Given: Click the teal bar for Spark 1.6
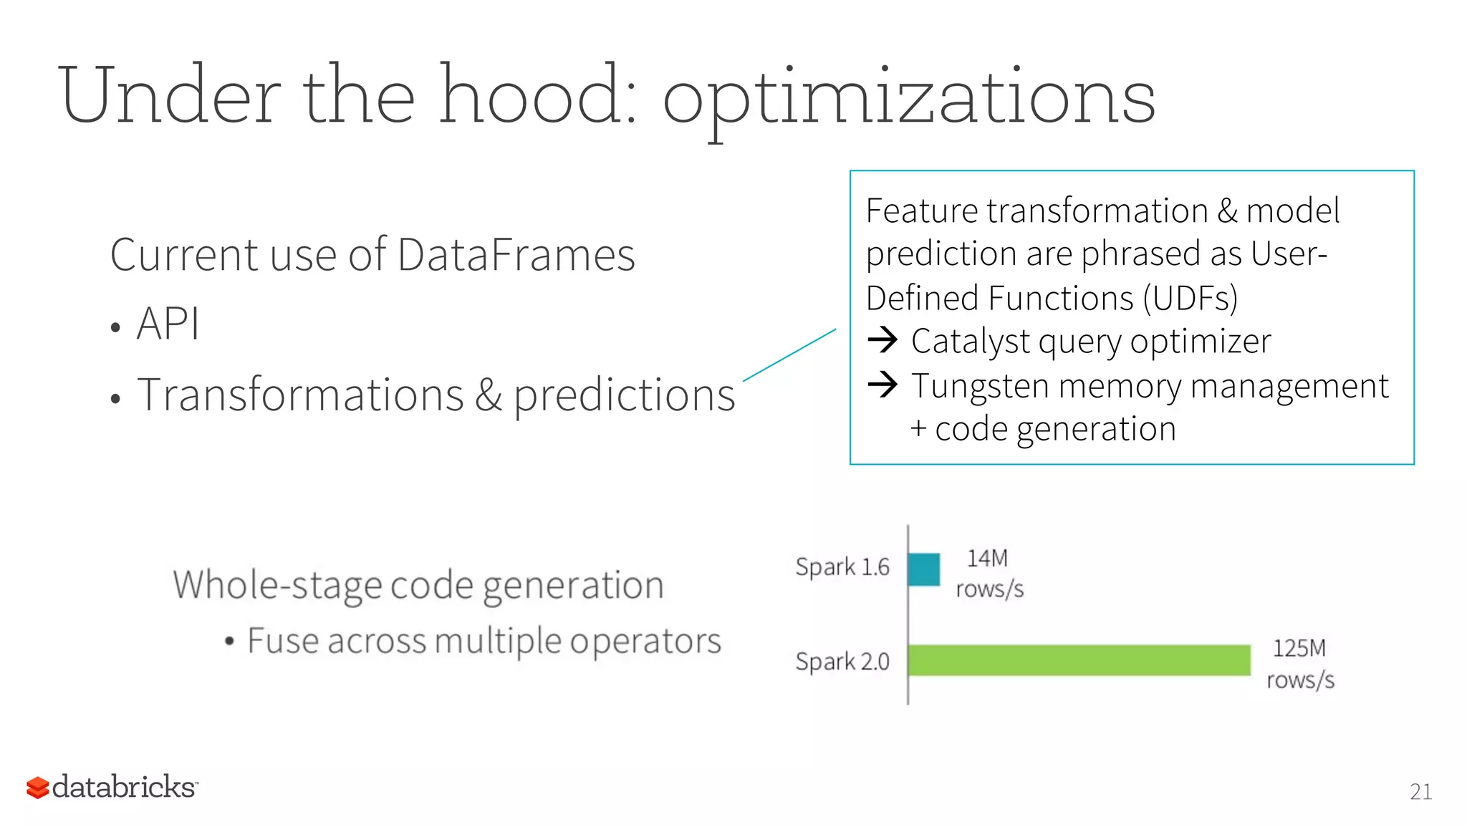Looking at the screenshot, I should [x=924, y=569].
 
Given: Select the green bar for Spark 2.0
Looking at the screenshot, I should [x=1079, y=660].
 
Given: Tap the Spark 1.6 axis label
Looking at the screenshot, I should [x=842, y=567].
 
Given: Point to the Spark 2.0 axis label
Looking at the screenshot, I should [x=842, y=661].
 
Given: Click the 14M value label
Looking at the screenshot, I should [x=988, y=559].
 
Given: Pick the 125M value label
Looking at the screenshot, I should [x=1299, y=649].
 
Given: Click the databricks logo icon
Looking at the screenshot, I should [x=37, y=787].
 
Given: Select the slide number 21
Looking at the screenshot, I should [x=1420, y=791].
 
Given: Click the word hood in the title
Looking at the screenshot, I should [x=537, y=95].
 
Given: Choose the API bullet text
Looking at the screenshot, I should [x=168, y=324].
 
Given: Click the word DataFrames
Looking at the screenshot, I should [x=516, y=255].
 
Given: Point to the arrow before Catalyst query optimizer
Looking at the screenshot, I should [x=882, y=339].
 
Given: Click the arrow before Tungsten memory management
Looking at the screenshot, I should [x=882, y=385].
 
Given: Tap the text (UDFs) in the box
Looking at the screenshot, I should [x=1190, y=299].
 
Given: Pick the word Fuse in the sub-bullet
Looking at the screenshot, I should [x=282, y=640].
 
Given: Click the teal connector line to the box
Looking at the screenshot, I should [x=789, y=355].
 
